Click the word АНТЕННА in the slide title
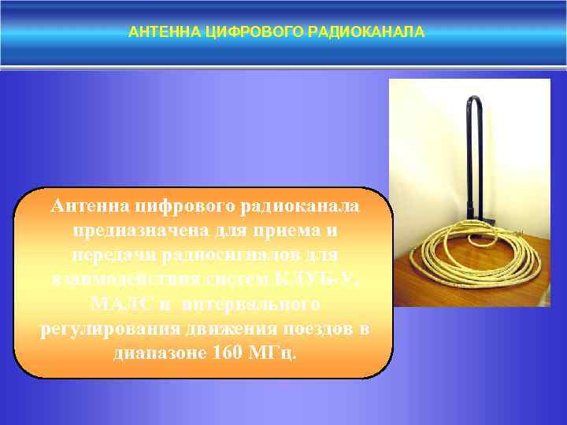click(156, 32)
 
